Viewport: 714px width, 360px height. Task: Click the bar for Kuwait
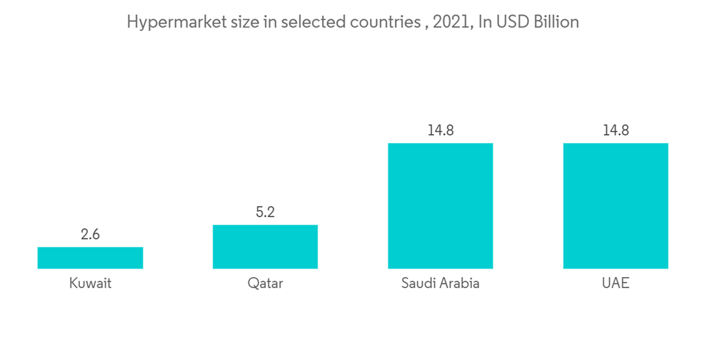90,258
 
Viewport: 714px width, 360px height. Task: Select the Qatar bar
265,246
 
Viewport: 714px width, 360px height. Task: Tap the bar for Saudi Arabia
441,206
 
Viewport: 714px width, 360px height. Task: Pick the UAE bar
615,206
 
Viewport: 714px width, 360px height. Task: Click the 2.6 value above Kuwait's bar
90,234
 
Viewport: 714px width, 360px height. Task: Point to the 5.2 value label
265,212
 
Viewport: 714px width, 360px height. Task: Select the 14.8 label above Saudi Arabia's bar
441,131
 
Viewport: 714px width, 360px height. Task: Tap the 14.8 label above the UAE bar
615,131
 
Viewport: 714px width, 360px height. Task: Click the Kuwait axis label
90,284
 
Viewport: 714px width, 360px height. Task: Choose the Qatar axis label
265,284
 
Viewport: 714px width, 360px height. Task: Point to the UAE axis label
615,284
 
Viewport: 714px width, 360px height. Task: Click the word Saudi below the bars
418,284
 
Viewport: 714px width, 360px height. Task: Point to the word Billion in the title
555,23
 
